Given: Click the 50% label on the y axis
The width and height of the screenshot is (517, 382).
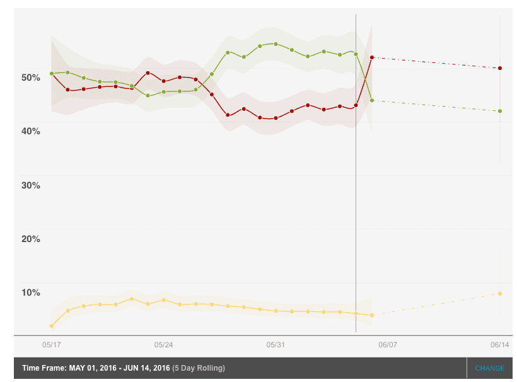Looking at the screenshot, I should [x=30, y=78].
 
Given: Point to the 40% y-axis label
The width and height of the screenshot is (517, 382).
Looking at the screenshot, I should [x=30, y=131].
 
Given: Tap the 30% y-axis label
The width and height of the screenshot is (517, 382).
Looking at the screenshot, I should [x=30, y=185].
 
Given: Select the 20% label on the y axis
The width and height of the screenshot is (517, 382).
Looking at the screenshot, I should [x=30, y=239].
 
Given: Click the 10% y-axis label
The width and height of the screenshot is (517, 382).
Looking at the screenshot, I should [x=30, y=292].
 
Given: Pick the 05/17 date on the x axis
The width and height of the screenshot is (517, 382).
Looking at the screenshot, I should [x=52, y=345].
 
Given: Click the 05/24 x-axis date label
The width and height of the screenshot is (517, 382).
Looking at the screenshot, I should [x=163, y=345].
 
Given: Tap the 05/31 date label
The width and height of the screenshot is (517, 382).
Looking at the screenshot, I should [x=276, y=345].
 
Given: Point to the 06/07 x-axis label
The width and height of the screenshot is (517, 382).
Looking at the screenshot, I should [x=388, y=345].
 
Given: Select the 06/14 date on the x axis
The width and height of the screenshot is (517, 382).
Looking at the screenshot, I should [x=500, y=345].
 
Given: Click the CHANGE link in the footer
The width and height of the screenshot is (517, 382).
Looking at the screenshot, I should [x=490, y=368].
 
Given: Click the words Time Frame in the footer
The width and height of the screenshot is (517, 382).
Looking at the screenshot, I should [x=42, y=368].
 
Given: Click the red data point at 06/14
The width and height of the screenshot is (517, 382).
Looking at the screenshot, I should [x=500, y=68].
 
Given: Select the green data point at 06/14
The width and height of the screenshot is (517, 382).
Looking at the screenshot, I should [x=500, y=111].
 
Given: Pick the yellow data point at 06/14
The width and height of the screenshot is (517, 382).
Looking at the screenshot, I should [x=500, y=294].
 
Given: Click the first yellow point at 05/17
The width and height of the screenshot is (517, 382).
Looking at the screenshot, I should [x=52, y=326].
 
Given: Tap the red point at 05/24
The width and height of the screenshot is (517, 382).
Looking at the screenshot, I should [x=163, y=81].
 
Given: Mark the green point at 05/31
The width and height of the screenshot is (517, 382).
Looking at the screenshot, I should [x=276, y=44].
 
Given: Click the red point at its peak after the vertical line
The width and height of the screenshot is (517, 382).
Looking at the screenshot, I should [x=372, y=57].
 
